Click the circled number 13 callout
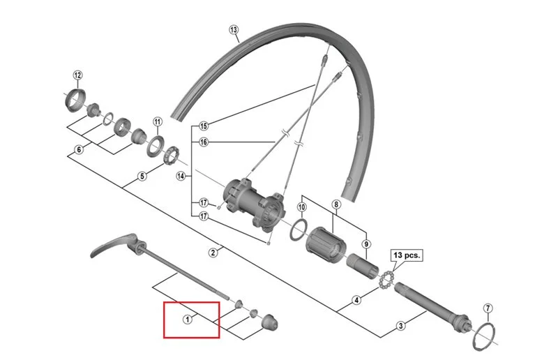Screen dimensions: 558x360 click(234, 30)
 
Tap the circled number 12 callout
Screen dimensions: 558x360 click(77, 75)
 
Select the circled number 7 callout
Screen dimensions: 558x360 click(488, 308)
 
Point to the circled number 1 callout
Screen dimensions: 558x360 click(187, 320)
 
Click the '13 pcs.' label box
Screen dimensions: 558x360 click(407, 255)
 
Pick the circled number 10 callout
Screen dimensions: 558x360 click(301, 207)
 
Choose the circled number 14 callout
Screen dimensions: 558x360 click(181, 176)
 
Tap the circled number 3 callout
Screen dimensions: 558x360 click(400, 325)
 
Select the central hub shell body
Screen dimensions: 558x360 click(254, 202)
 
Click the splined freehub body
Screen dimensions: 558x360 click(325, 245)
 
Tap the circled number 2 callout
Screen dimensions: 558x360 click(213, 253)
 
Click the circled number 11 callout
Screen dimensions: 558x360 click(158, 122)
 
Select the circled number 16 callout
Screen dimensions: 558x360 click(203, 142)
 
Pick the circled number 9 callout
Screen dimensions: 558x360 click(366, 244)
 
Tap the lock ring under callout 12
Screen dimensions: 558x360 click(75, 101)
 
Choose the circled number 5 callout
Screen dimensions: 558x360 click(142, 177)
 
